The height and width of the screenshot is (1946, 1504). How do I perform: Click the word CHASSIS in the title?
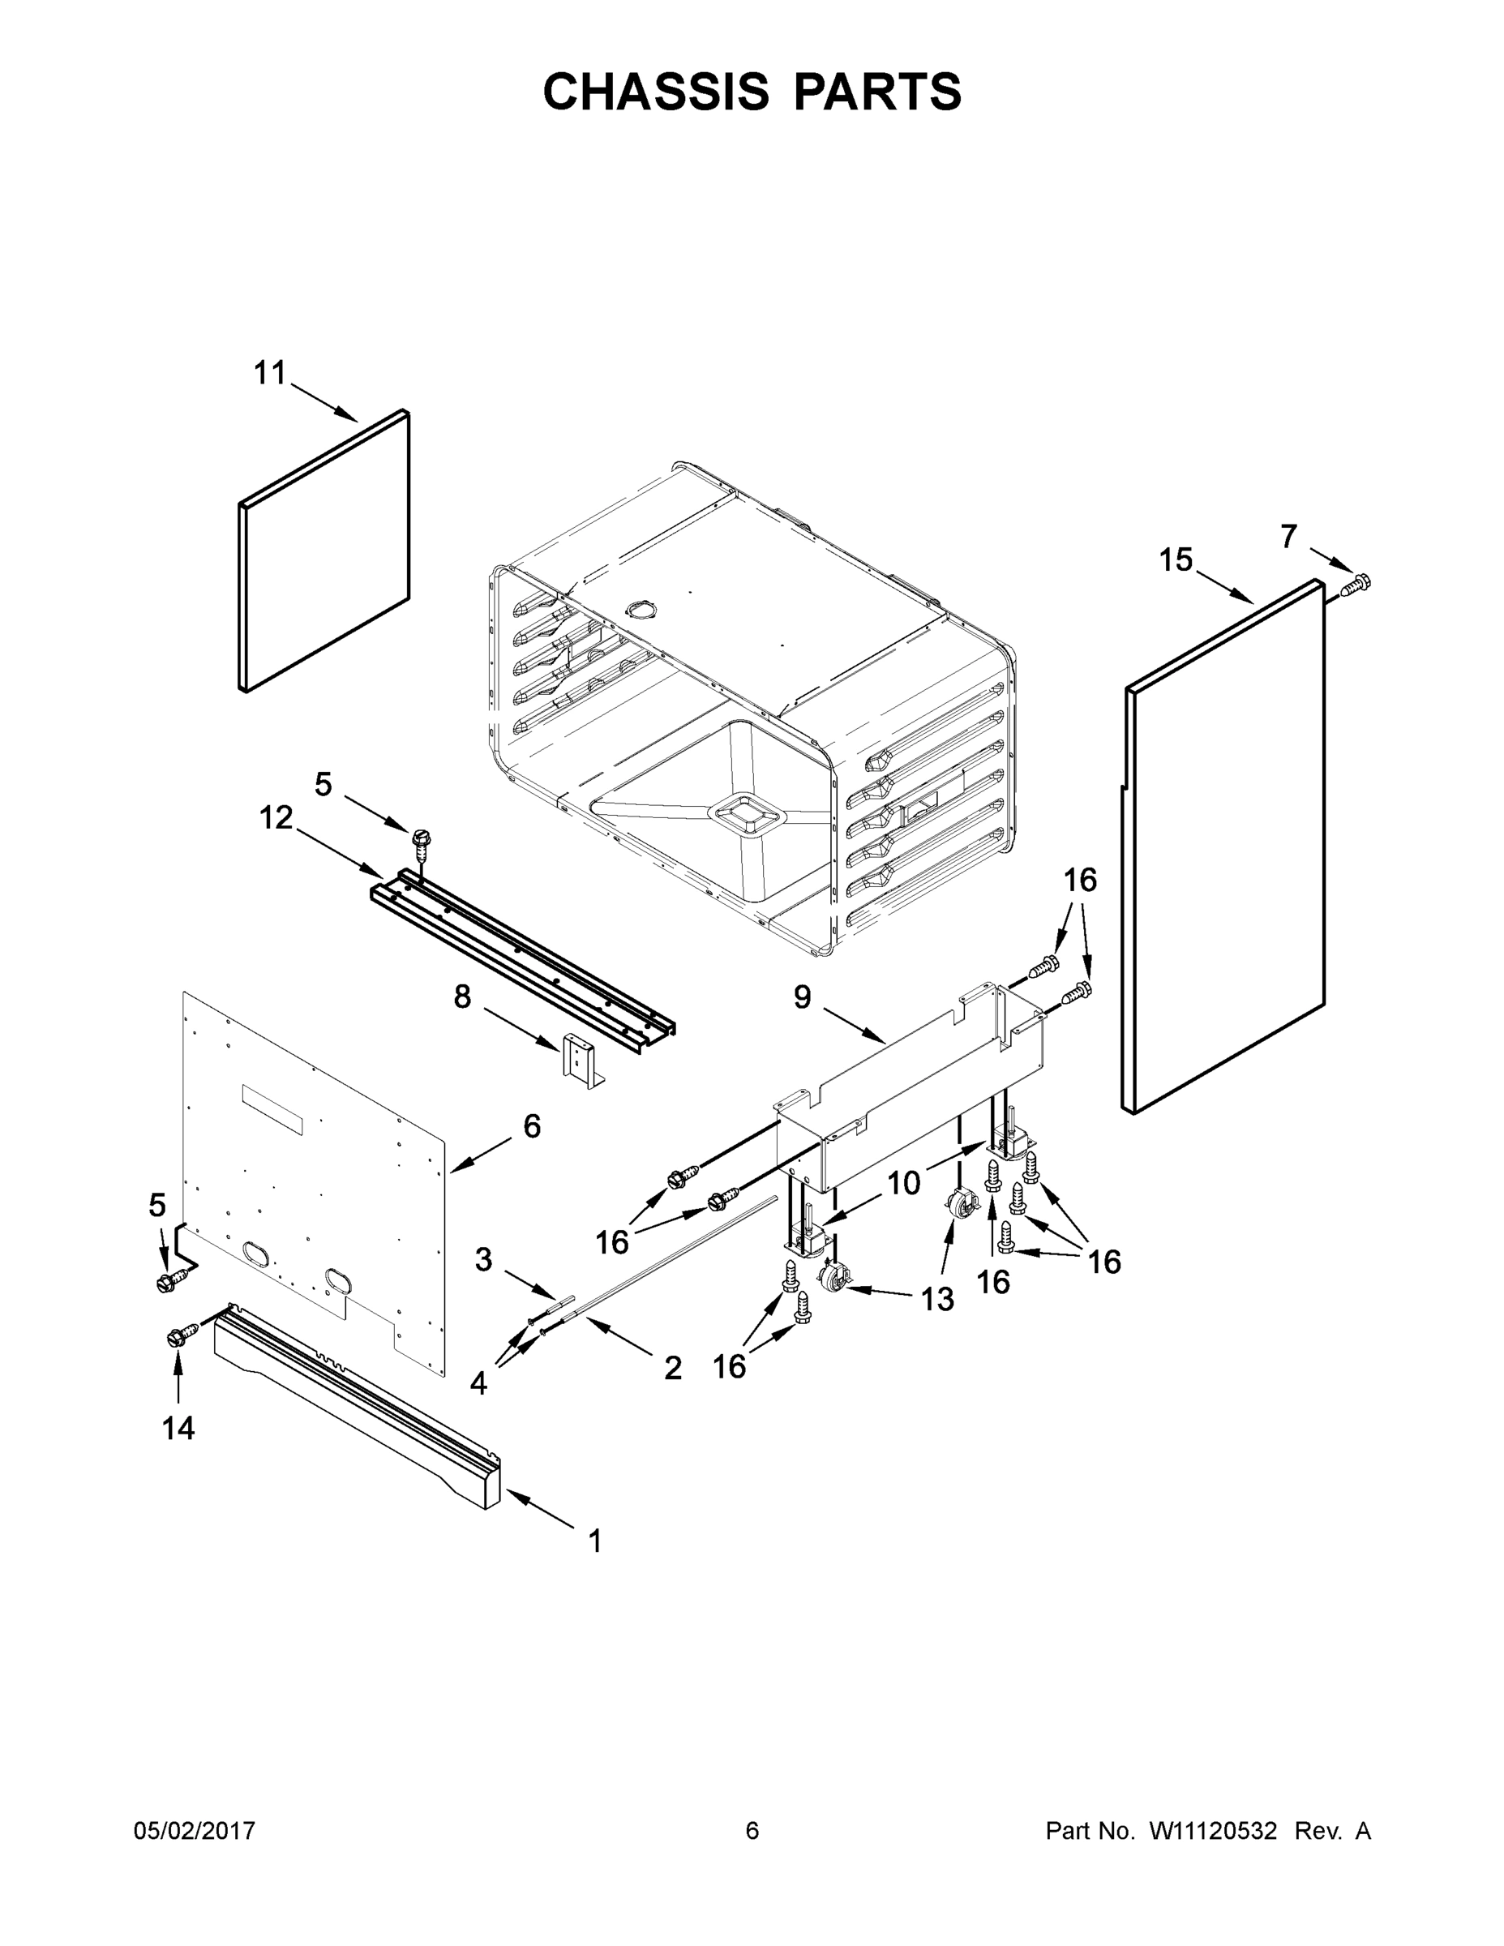656,92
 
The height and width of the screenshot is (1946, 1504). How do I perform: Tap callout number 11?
270,373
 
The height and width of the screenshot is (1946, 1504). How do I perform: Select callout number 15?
1175,560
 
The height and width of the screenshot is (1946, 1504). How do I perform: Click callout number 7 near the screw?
1288,537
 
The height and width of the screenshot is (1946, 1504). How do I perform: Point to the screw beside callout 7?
1355,585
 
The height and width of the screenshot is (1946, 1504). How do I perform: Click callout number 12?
276,817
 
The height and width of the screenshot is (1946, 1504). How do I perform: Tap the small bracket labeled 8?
579,1062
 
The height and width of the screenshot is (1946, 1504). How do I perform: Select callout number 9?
802,997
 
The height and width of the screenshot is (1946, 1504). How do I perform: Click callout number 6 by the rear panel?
531,1126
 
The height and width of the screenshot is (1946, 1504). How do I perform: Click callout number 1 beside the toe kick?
595,1541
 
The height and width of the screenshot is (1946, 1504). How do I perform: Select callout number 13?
937,1299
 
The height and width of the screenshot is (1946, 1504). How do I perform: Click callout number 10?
903,1183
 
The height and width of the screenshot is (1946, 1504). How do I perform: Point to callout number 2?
673,1368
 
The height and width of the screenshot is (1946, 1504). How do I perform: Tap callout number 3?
483,1260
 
